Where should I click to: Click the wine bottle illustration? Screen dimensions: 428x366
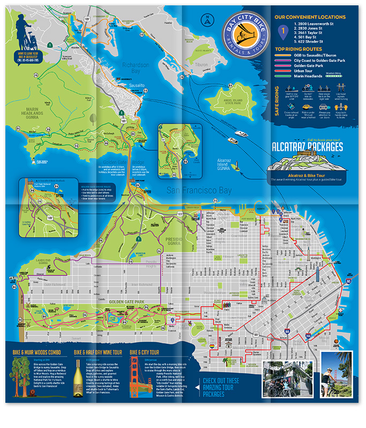(80, 380)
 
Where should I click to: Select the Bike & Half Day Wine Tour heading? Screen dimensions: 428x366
(97, 353)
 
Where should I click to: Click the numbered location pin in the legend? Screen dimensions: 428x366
(283, 33)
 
